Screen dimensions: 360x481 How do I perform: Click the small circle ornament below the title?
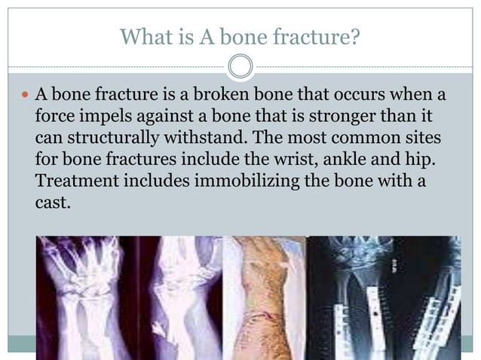[240, 68]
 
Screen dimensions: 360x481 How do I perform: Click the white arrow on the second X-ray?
[158, 329]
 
